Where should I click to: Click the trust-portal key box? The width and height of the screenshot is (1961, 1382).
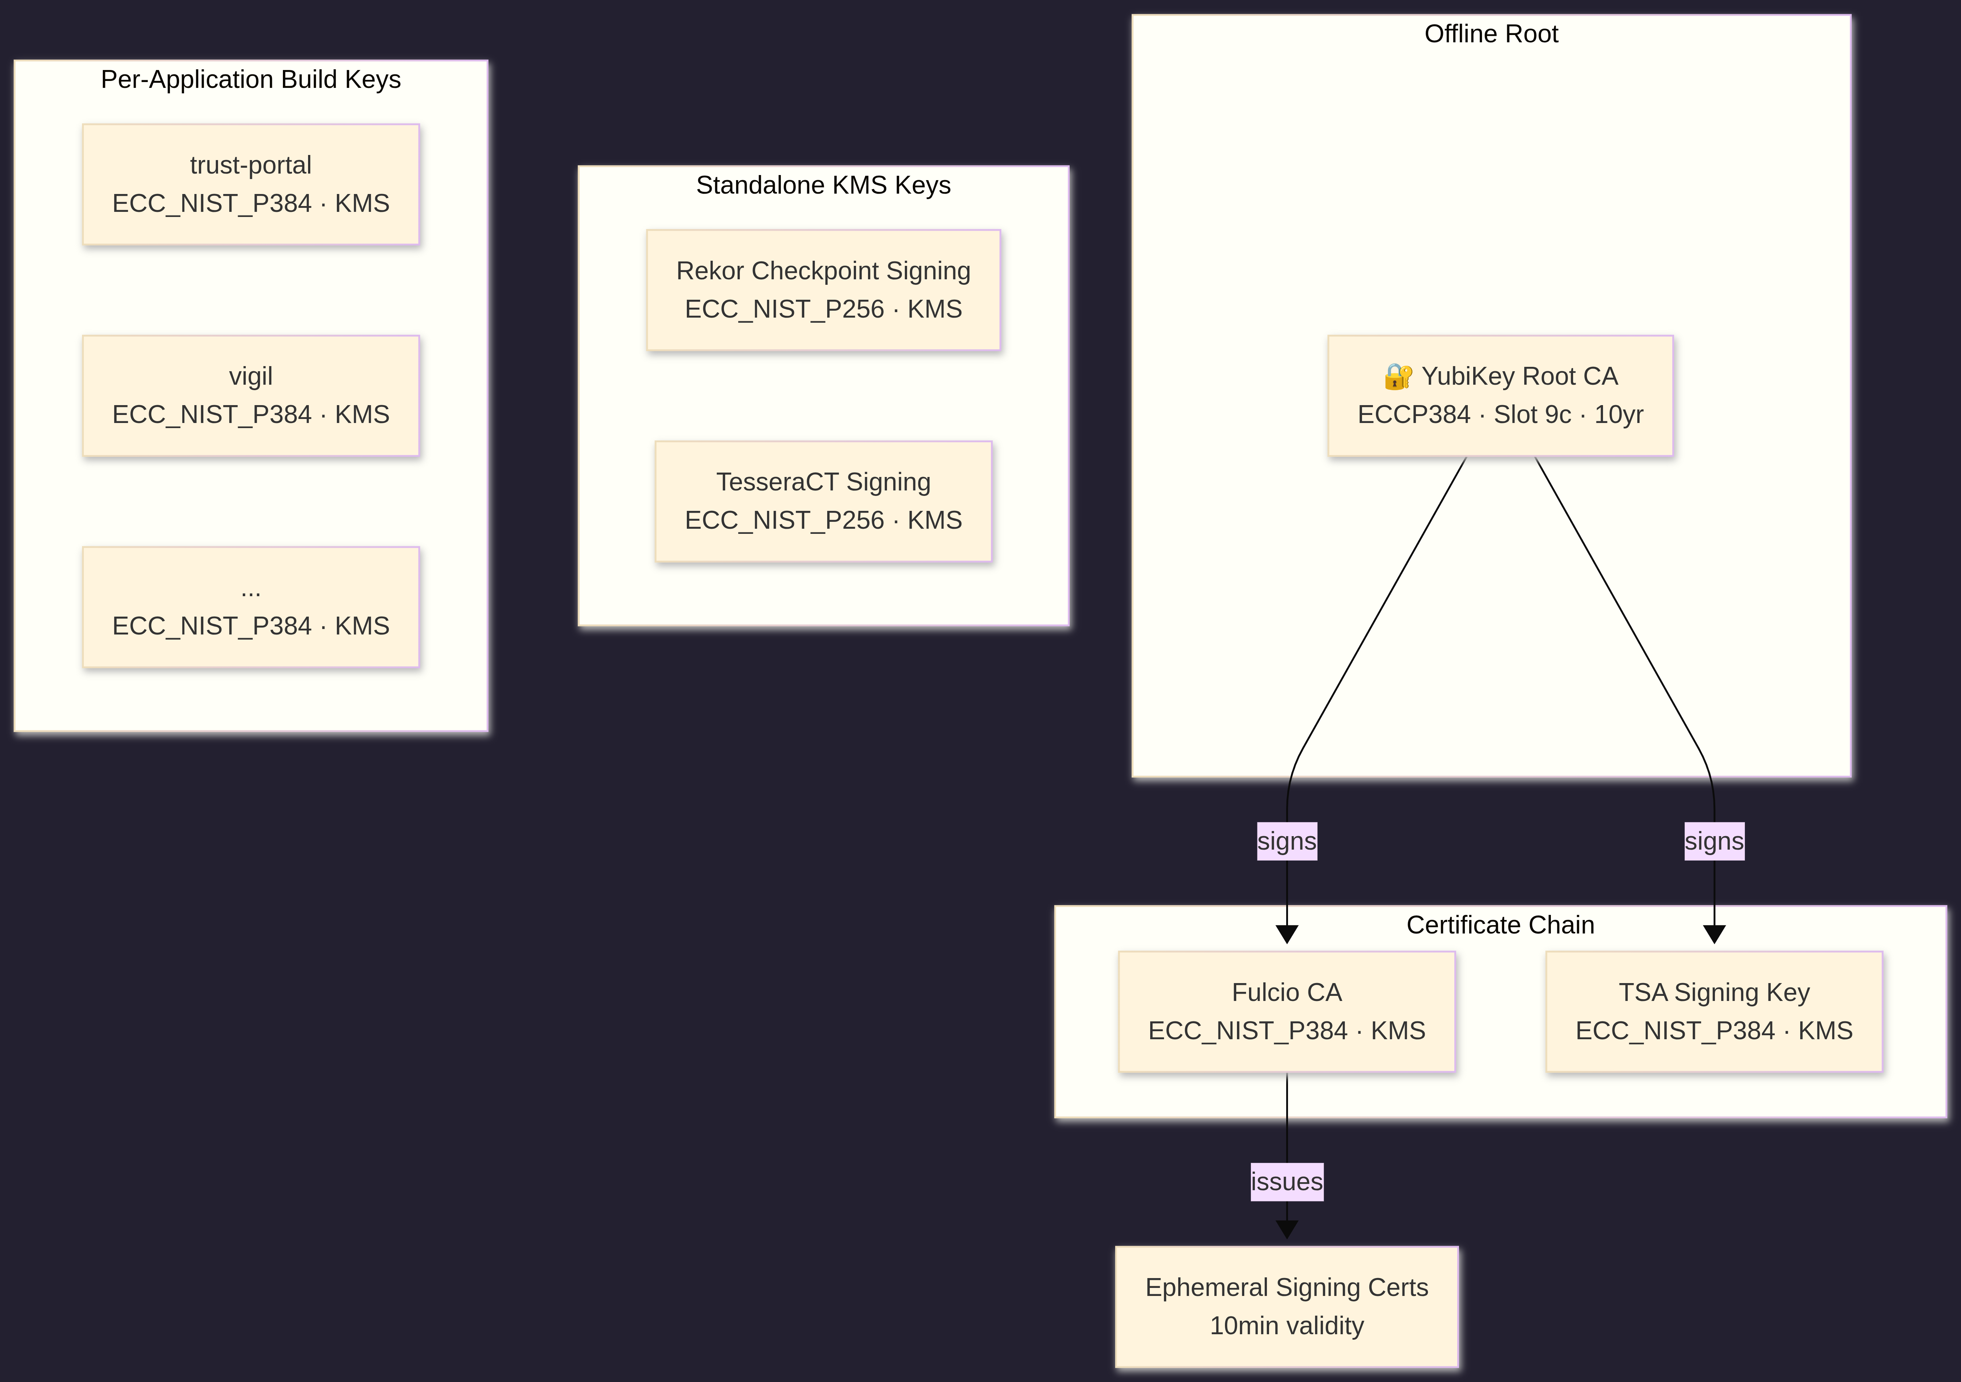[250, 185]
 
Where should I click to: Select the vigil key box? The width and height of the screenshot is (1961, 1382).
[250, 396]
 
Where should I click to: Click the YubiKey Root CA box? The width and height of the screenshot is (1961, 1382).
[1500, 396]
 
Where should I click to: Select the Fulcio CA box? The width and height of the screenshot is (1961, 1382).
[1286, 1011]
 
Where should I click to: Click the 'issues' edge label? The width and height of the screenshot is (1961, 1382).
[1286, 1182]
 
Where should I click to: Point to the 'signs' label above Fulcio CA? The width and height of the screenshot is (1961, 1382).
[1286, 841]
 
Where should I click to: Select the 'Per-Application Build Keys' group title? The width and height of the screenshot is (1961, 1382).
[250, 79]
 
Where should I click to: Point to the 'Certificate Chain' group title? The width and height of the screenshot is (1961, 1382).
[1500, 925]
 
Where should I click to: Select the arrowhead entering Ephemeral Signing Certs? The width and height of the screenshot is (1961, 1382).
[1286, 1230]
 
